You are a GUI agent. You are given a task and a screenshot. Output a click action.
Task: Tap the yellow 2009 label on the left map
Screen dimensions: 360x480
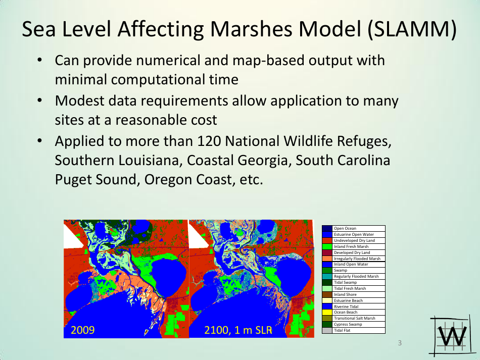tap(82, 331)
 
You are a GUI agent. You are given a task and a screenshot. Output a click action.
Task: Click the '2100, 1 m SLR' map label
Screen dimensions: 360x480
tap(238, 331)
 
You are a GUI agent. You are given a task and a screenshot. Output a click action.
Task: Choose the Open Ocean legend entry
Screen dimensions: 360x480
tap(345, 228)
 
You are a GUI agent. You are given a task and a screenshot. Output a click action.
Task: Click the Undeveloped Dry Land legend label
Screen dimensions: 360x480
tap(354, 240)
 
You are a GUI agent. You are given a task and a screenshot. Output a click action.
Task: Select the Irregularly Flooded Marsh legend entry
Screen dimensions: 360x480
tap(357, 259)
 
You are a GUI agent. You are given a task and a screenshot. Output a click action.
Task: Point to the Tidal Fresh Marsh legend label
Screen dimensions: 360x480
tap(350, 288)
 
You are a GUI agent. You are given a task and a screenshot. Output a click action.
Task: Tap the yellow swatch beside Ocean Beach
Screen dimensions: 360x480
tap(327, 312)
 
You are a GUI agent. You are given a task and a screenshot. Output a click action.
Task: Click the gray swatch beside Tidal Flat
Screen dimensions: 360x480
tap(327, 330)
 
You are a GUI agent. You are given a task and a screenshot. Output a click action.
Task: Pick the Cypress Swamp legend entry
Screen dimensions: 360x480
tap(348, 324)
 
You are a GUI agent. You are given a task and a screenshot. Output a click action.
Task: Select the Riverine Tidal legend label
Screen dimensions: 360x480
tap(346, 306)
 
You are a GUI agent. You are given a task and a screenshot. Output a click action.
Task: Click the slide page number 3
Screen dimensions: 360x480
tap(400, 344)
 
